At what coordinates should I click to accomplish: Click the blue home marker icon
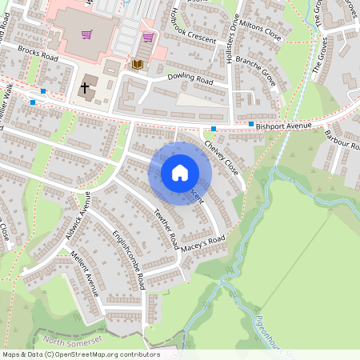pos(180,173)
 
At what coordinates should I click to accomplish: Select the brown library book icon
pos(138,64)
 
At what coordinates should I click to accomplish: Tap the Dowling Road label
pos(190,81)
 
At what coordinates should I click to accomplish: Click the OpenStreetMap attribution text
pos(80,354)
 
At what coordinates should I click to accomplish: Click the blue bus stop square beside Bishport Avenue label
pos(251,124)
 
